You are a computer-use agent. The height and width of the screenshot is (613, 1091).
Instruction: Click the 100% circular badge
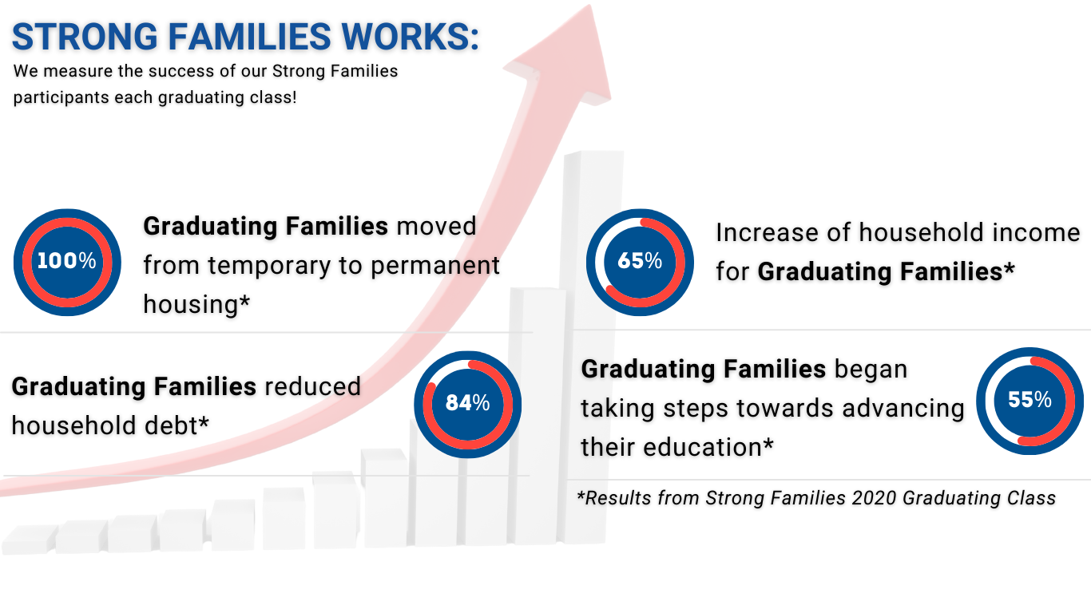tap(67, 262)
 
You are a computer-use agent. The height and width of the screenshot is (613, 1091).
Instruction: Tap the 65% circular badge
tap(640, 262)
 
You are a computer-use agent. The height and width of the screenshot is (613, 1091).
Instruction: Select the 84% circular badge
tap(467, 404)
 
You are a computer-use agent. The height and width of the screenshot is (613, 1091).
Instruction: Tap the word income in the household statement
tap(1035, 233)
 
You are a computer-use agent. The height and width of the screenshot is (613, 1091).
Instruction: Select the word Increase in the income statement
tap(767, 233)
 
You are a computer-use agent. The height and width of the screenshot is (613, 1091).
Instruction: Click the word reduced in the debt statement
tap(312, 387)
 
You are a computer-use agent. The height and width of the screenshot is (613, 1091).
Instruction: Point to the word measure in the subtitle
tap(79, 71)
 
